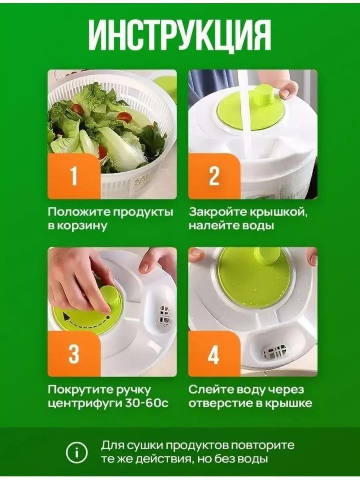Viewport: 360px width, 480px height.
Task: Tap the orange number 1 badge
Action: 74,176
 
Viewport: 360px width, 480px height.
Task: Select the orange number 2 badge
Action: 214,176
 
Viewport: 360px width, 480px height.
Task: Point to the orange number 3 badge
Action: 74,354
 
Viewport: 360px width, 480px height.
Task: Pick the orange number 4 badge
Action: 214,354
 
